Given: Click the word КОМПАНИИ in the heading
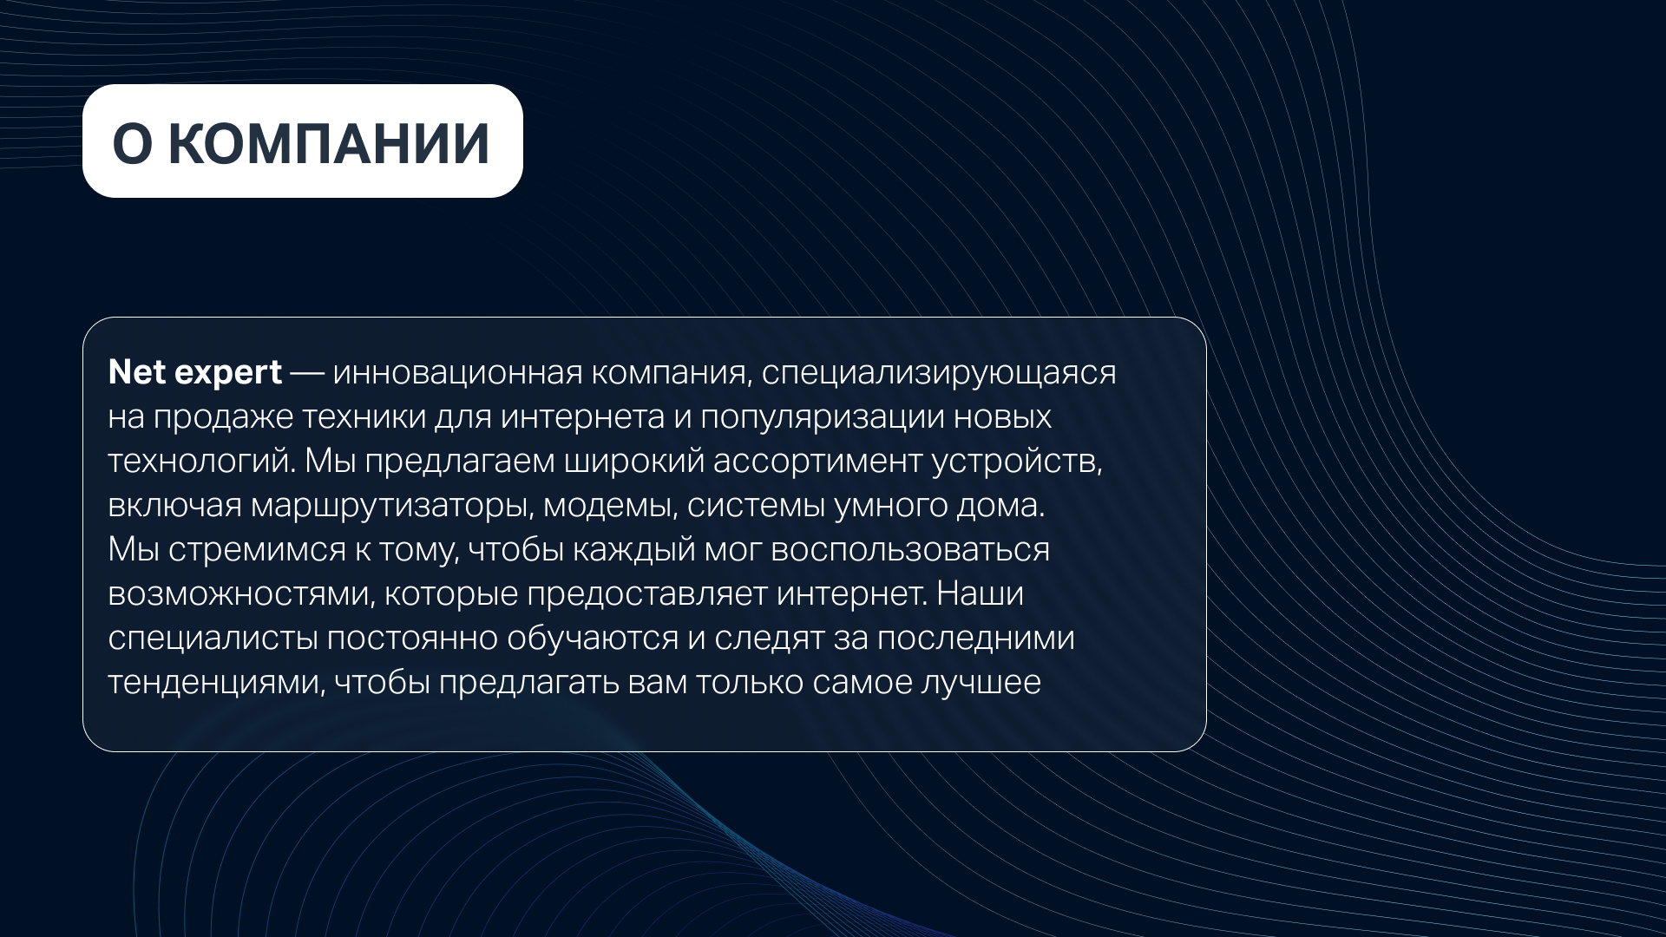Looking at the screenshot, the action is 329,142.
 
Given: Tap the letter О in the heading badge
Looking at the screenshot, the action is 132,142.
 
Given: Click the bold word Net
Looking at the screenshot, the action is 137,372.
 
